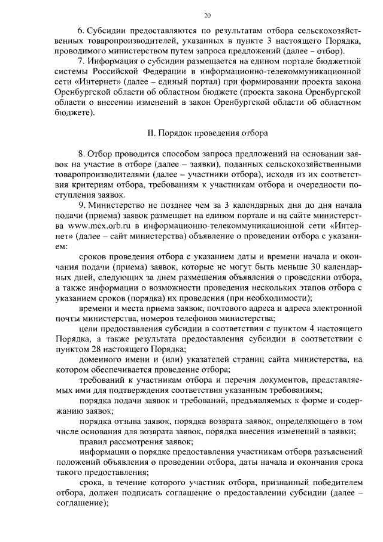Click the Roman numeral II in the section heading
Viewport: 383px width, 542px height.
151,132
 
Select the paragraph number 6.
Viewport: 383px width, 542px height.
80,29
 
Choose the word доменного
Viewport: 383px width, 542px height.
99,359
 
